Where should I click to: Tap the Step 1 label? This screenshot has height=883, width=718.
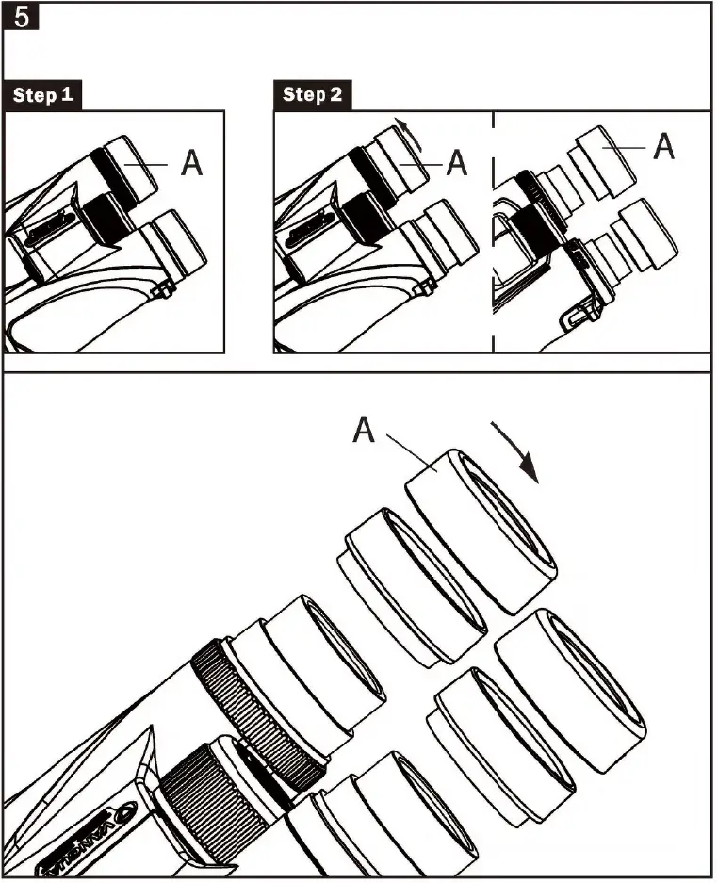point(41,95)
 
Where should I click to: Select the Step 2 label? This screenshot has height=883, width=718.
point(312,95)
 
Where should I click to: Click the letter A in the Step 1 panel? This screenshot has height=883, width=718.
point(191,163)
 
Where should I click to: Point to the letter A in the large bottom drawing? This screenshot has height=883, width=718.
point(366,432)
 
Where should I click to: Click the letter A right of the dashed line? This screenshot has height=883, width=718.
point(665,146)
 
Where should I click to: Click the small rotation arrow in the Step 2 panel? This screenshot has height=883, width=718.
point(403,127)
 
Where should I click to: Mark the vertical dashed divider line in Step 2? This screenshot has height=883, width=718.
point(493,236)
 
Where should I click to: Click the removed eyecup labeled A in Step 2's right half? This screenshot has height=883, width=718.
point(602,161)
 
